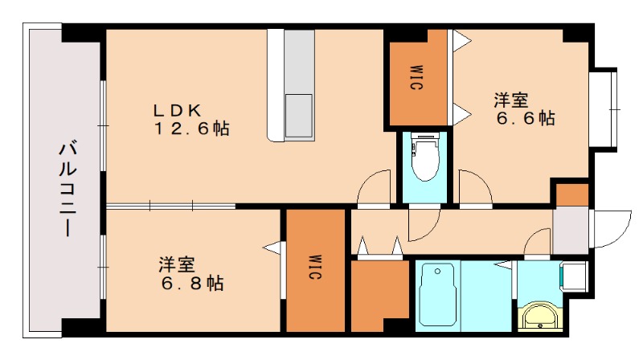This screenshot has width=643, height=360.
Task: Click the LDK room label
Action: coord(178,110)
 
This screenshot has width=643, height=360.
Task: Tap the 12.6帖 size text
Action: coord(192,129)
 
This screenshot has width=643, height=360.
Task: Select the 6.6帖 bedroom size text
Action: coord(526,118)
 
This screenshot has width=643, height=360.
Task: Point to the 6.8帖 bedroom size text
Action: coord(192,283)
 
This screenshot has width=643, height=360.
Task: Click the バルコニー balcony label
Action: coord(68,189)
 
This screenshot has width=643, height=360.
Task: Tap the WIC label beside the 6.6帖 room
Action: coord(416,77)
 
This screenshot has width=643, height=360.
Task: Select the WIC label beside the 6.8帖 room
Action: coord(315,268)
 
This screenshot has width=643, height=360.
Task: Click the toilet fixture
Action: coord(425,157)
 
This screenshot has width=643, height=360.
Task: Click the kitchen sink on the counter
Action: coord(299,116)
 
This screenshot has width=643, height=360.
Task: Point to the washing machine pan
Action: coord(575,276)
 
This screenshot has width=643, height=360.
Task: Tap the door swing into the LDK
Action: coord(373,186)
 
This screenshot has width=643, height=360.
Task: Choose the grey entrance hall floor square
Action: coord(571,230)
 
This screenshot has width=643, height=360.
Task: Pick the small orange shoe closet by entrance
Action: coord(572,194)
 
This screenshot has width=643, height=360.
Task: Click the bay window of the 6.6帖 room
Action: coord(604,110)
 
